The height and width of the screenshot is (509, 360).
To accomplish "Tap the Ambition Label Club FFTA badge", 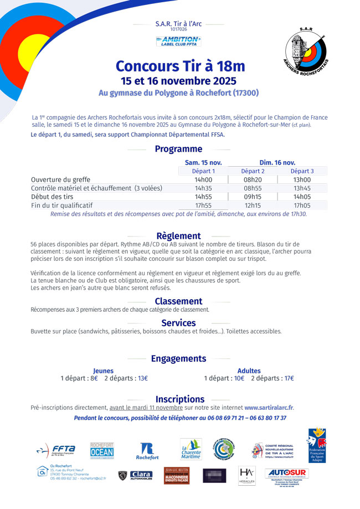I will (178, 41).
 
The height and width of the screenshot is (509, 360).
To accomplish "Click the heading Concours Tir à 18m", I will (180, 66).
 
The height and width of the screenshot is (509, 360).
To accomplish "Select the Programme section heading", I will (178, 149).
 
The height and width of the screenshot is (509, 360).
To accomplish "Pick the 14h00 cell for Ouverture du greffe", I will (203, 180).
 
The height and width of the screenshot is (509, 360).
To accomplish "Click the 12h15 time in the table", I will (253, 205).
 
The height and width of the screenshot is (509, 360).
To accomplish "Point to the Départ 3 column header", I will (302, 171).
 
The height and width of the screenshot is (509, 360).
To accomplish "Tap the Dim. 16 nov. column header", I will (277, 162).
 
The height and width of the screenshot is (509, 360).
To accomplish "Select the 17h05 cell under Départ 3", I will (302, 205).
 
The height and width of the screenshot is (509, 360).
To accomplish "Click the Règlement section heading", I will (178, 236).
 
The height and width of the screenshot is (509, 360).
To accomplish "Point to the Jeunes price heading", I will (103, 371).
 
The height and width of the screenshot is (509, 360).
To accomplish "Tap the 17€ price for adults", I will (289, 378).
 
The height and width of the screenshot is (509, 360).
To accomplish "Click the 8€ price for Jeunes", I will (94, 378).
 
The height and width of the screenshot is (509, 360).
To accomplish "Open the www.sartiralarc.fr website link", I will (269, 408).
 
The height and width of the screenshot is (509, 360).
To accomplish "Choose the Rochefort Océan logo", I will (102, 450).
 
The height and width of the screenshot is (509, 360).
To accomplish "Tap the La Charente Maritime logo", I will (191, 449).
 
